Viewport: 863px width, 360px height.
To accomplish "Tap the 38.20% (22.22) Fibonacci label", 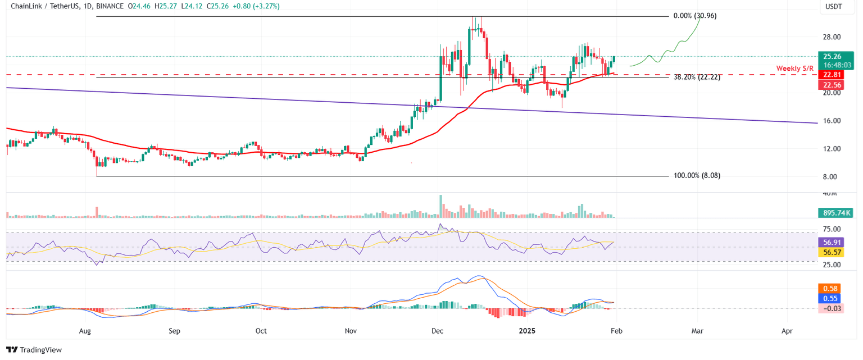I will [x=697, y=78].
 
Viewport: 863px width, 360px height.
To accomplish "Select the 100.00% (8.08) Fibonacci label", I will [x=697, y=176].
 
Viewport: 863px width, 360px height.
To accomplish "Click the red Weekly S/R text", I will [x=794, y=69].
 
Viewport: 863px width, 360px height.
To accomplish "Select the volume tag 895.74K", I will [x=835, y=213].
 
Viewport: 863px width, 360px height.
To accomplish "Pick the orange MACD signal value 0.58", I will [x=829, y=288].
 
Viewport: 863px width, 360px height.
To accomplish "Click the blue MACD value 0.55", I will [x=829, y=298].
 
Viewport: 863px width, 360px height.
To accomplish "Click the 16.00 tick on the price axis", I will [x=832, y=121].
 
